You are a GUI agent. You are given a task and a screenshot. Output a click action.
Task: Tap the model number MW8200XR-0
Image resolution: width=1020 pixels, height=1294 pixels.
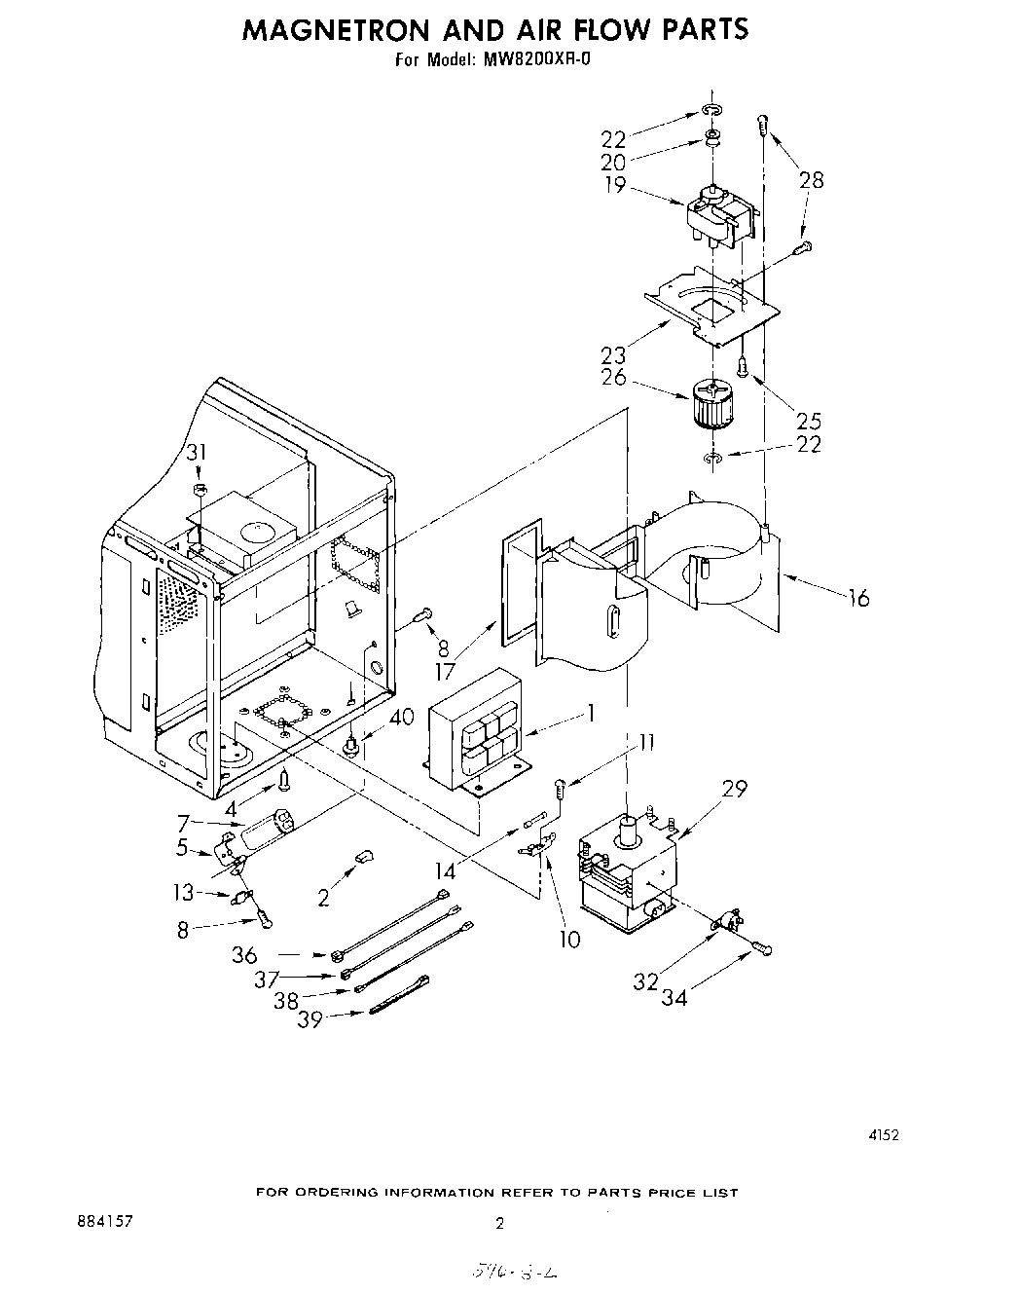(x=534, y=60)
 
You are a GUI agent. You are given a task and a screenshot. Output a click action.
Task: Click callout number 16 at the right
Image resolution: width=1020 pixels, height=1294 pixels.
(x=857, y=598)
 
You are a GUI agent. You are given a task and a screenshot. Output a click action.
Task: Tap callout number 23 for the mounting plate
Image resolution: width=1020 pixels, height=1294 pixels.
(x=614, y=353)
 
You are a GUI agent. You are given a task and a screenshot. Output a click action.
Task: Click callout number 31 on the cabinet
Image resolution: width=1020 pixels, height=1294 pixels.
(x=198, y=453)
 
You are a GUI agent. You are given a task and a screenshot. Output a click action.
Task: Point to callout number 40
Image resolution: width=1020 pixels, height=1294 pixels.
(x=401, y=719)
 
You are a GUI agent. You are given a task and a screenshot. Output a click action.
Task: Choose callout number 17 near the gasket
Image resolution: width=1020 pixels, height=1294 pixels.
(x=446, y=670)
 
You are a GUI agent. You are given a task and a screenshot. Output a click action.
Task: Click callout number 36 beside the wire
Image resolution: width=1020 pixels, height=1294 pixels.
(x=244, y=955)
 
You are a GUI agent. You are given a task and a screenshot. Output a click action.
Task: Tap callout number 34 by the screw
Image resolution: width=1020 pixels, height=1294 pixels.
(x=674, y=997)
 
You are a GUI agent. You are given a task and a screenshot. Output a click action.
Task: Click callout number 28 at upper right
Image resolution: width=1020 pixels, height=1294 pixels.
(x=811, y=179)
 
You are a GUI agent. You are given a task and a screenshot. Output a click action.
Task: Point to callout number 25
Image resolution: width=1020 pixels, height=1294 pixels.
(x=809, y=421)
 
